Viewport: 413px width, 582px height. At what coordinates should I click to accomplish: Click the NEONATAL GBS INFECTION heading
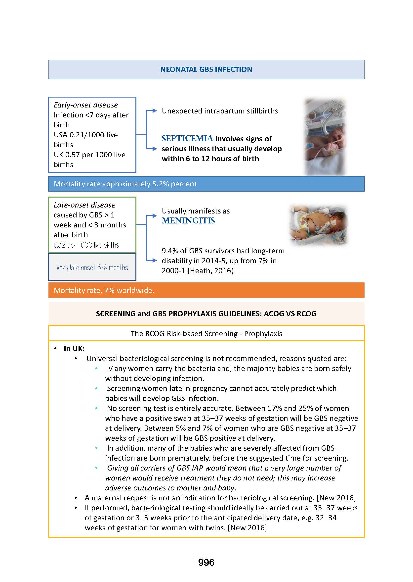tap(206, 69)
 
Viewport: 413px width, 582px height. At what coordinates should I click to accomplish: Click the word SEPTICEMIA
tap(187, 139)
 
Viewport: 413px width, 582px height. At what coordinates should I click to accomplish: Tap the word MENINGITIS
tap(188, 220)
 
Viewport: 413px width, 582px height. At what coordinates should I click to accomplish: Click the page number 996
tap(206, 562)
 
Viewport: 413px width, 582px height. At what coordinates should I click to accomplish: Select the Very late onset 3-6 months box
tap(92, 267)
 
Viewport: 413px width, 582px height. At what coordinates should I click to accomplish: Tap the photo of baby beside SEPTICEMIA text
tap(325, 137)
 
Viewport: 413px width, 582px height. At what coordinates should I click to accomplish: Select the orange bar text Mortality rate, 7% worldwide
tap(104, 290)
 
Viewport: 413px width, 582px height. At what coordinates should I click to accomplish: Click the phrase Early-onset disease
tap(86, 105)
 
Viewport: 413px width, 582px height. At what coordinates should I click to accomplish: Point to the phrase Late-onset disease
tap(84, 205)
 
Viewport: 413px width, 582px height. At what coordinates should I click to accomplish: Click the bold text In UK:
tap(74, 349)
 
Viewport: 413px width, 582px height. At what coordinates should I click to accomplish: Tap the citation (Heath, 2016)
tap(210, 271)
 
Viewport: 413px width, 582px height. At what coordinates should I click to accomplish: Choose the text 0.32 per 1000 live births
tap(86, 245)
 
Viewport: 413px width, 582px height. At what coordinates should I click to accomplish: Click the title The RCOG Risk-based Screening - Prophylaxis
tap(206, 333)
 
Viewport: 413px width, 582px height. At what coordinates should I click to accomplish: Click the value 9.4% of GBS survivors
tap(170, 251)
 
